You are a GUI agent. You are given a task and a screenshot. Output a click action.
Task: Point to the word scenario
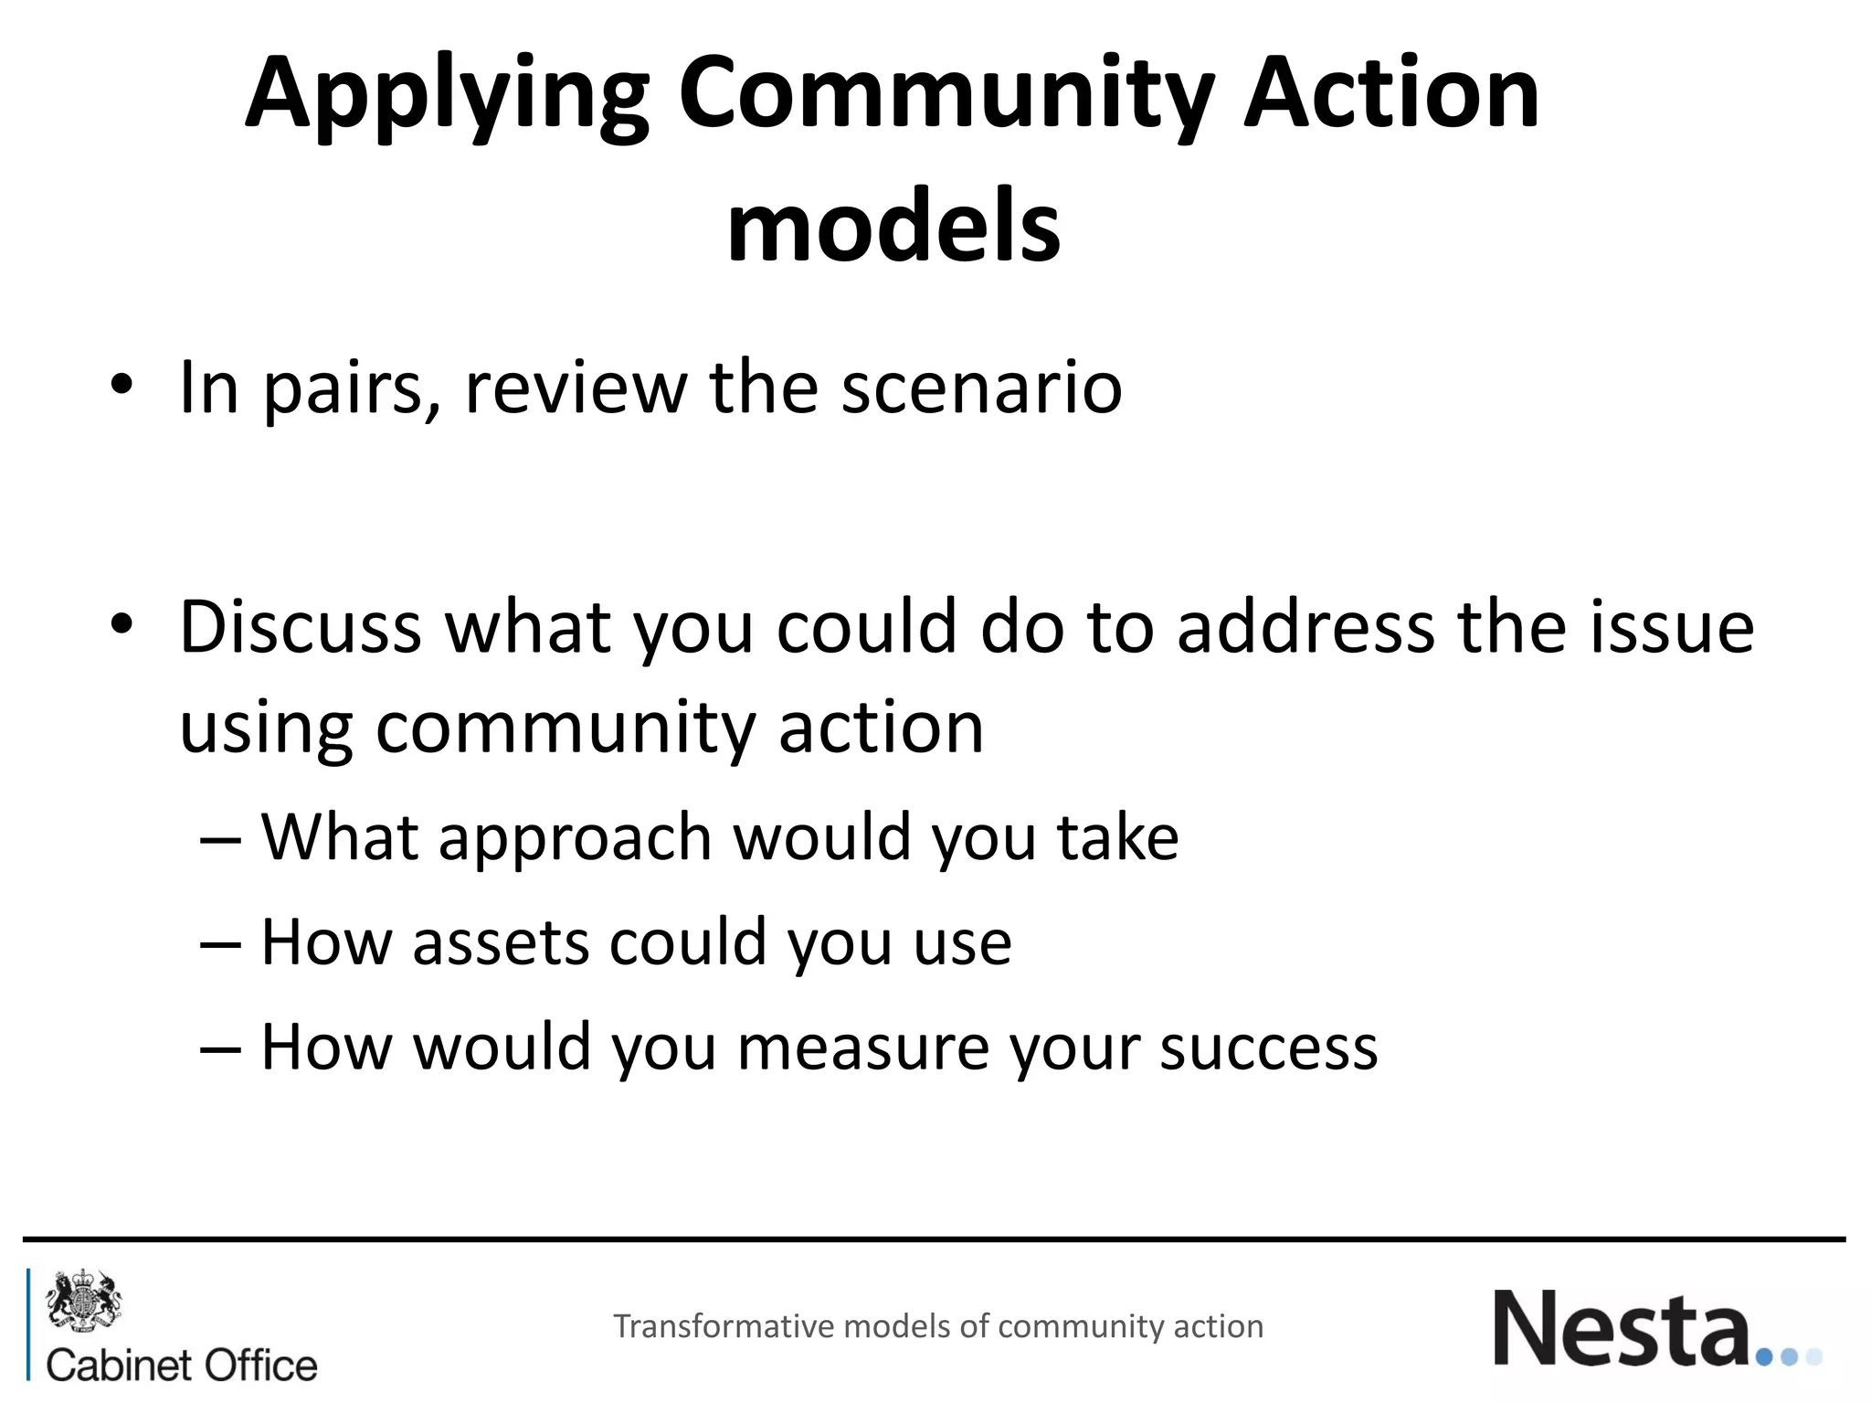point(981,388)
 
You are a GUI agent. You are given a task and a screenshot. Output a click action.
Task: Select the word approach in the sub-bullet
point(575,837)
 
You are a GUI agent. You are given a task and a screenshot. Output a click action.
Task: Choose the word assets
point(500,942)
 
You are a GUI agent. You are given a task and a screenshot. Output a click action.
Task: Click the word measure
point(862,1048)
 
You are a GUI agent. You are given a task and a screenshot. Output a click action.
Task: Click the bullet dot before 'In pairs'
point(122,385)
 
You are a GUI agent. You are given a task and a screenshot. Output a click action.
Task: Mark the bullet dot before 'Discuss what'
point(122,624)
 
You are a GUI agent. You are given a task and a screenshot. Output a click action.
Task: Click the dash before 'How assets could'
point(220,944)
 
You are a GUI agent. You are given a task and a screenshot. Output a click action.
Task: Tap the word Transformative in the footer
point(724,1326)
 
